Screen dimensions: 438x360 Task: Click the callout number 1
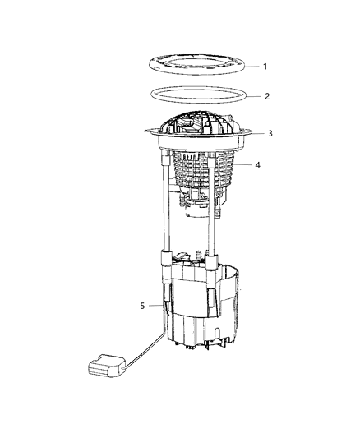pos(265,66)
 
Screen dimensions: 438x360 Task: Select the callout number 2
pos(267,96)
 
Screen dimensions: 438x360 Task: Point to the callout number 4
pos(258,164)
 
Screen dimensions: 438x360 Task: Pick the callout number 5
pos(142,306)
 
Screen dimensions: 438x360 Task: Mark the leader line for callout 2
pos(248,96)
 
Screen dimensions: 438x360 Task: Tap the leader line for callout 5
pos(156,306)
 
